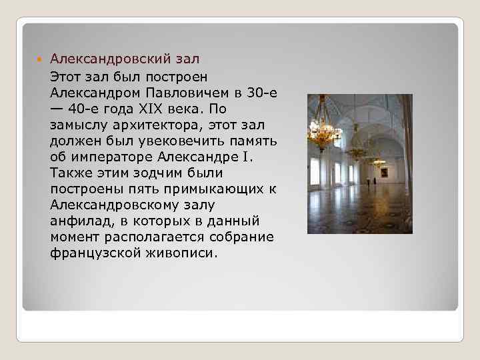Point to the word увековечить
187,141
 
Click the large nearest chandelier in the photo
323,131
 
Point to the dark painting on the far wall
384,173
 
